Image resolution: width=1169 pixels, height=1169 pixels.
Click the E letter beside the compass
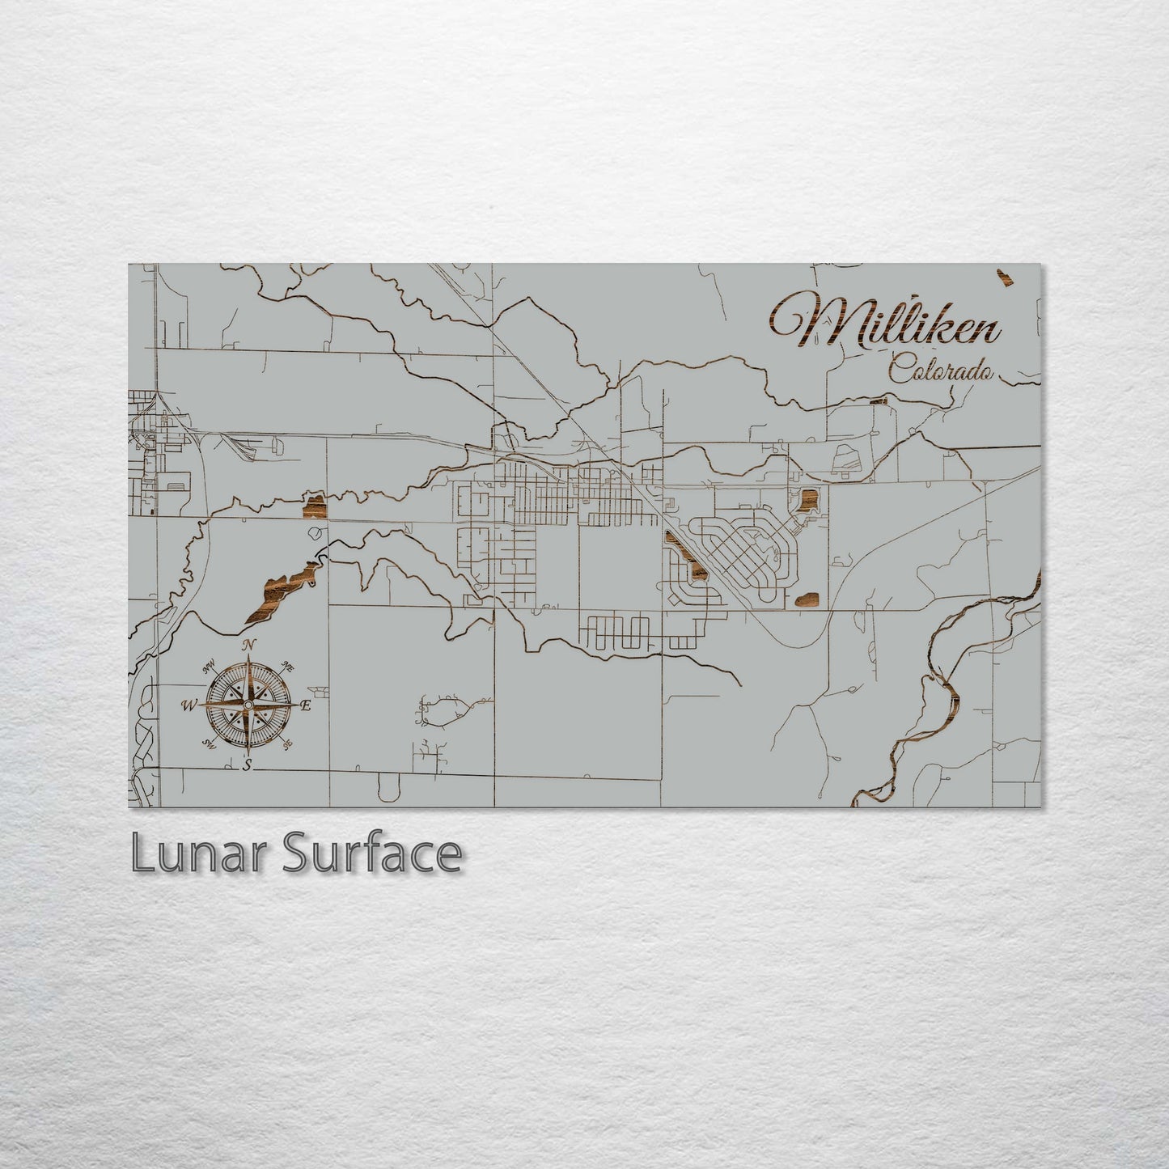(x=306, y=705)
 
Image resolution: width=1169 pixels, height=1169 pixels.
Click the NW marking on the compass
(x=210, y=666)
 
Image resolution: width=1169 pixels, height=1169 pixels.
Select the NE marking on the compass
(x=287, y=666)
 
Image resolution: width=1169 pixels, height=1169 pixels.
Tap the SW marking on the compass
(x=210, y=744)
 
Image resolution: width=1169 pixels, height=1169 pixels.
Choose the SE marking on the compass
(x=286, y=744)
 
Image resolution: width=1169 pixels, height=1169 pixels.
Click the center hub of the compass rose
(x=248, y=705)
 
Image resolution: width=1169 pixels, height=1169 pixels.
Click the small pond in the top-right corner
(x=1006, y=277)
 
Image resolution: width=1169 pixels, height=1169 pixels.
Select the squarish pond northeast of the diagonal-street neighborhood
(x=808, y=501)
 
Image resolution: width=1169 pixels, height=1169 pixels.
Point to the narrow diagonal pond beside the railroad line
(x=685, y=556)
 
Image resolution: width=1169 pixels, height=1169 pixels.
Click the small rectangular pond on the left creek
(x=314, y=506)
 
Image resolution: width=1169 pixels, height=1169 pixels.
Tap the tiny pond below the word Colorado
(x=878, y=400)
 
